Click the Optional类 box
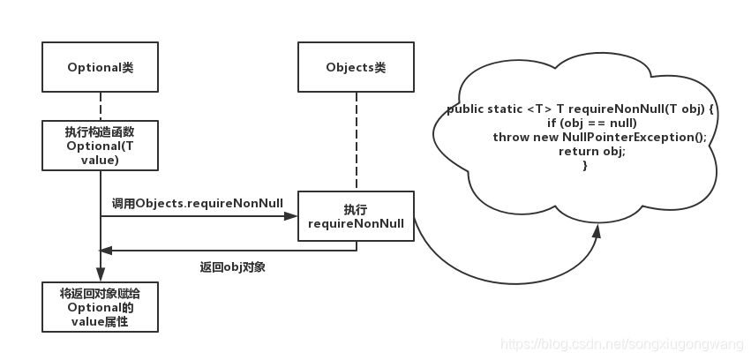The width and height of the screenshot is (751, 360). pos(101,67)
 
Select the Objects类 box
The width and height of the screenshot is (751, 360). pos(356,67)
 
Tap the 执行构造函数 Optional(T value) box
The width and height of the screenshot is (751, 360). pos(101,146)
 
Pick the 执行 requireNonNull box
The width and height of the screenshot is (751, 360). pos(356,216)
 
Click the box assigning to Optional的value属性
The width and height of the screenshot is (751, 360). pos(101,307)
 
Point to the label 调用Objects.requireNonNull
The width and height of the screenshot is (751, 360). pos(198,203)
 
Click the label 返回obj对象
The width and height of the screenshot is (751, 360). pos(233,266)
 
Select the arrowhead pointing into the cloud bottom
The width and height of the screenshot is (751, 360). pos(597,231)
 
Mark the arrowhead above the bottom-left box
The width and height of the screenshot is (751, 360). pos(101,274)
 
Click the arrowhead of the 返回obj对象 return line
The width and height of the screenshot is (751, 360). pos(109,251)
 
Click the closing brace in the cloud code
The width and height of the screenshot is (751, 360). pos(585,165)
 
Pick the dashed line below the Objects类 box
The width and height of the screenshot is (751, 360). pos(356,141)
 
